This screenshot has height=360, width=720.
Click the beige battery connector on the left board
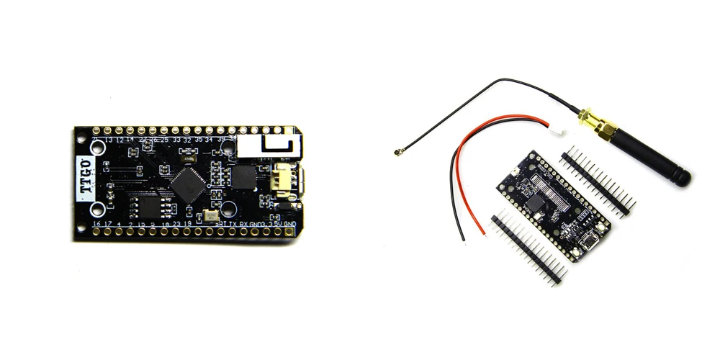point(282,180)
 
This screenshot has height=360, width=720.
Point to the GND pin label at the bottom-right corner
point(290,224)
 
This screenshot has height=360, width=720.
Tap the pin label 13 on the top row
point(109,139)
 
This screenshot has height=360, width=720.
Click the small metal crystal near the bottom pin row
point(210,215)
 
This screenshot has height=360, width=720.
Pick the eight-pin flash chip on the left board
point(149,207)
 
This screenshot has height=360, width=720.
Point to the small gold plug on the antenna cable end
point(397,153)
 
